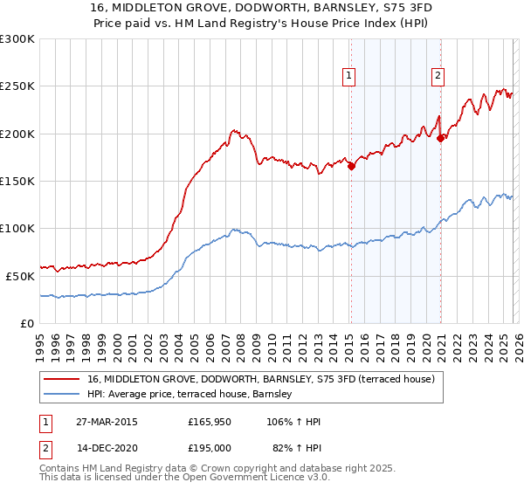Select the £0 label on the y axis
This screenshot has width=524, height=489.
click(x=27, y=322)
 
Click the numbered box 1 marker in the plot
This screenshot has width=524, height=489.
click(x=349, y=76)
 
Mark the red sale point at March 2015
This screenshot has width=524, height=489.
click(x=351, y=166)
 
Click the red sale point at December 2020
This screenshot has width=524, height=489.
click(x=441, y=138)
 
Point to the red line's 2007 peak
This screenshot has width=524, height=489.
click(x=234, y=130)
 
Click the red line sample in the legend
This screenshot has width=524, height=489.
click(x=62, y=380)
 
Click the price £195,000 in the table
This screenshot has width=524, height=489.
click(x=210, y=447)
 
